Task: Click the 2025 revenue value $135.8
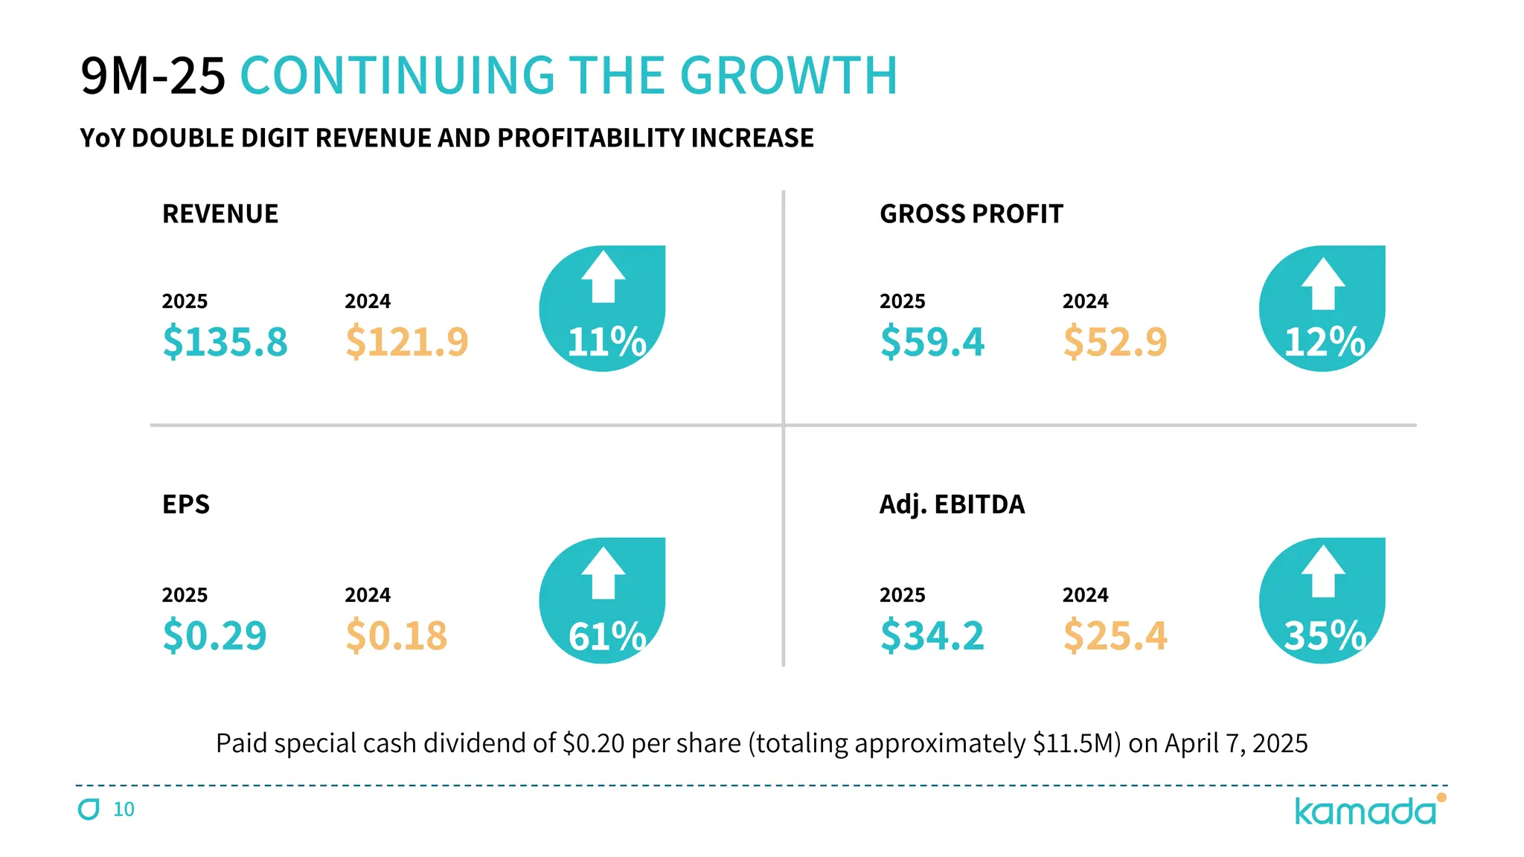[225, 341]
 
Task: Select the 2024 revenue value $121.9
[406, 341]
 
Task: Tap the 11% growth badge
[602, 309]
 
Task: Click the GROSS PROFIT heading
[971, 214]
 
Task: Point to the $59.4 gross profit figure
[932, 341]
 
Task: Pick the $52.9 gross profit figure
[1115, 341]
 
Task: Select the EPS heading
[186, 504]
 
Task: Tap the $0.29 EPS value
[214, 635]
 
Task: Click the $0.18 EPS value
[396, 635]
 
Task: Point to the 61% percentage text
[606, 637]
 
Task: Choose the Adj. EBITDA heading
[952, 504]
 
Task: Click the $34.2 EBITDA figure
[932, 635]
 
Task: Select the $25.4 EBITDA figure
[1115, 635]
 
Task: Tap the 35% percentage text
[1325, 637]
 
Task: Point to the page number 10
[124, 809]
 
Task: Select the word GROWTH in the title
[788, 76]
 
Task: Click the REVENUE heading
[220, 214]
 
